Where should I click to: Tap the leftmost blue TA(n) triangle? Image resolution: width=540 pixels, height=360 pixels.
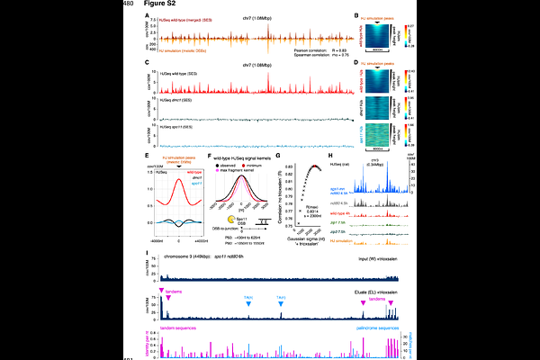pos(247,278)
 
